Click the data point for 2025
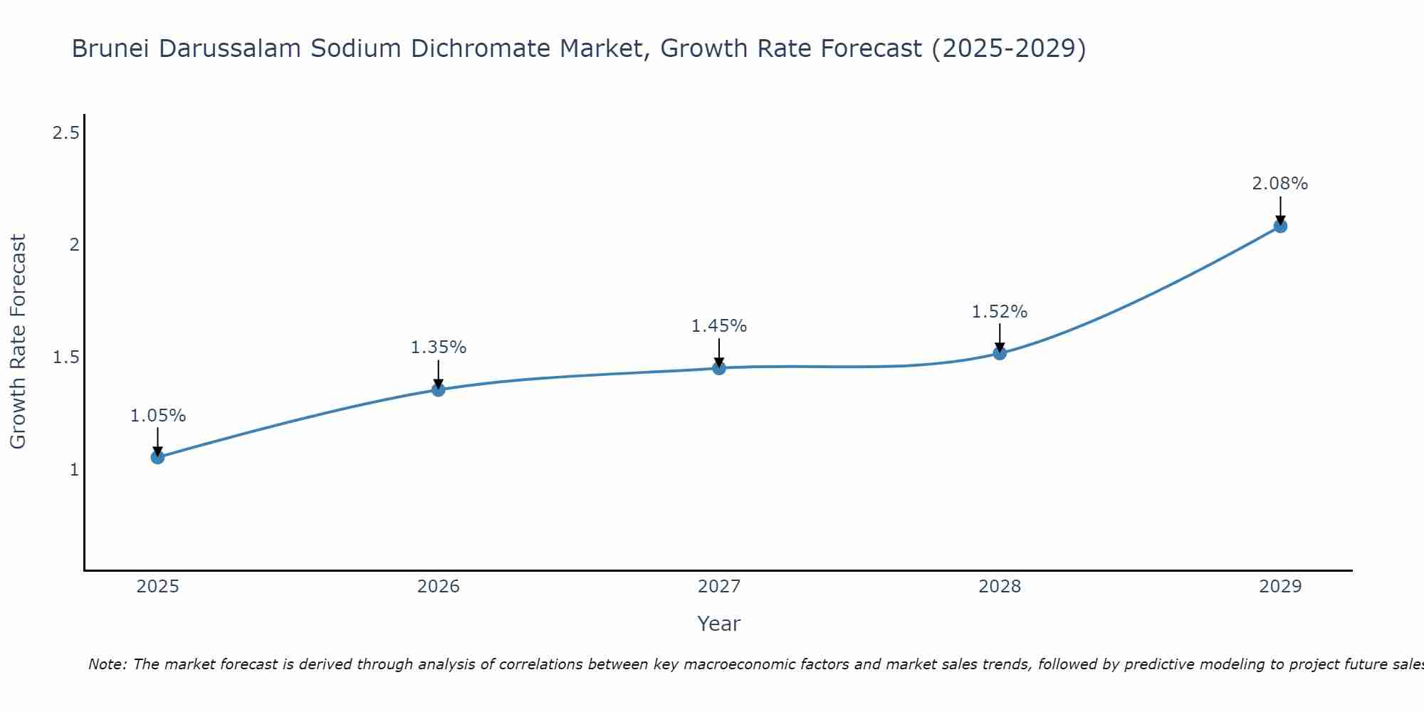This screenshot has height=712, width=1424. pos(157,457)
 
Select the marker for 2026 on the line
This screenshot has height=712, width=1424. pos(438,389)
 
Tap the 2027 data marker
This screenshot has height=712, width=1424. pos(718,368)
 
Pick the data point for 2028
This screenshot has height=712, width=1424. pos(999,352)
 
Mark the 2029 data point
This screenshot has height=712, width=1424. pos(1279,226)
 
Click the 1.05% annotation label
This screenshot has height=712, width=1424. pos(157,416)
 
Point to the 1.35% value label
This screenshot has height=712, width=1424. pos(438,347)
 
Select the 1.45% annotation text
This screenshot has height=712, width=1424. pos(718,326)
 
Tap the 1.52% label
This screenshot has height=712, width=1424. pos(999,312)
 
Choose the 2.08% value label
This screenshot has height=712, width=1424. pos(1279,184)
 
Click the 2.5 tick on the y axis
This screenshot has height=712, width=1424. pos(66,132)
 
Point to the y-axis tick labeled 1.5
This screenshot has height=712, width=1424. pos(66,357)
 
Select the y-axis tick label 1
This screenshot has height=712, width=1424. pos(74,470)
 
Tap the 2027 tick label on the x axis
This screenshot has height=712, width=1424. pos(718,587)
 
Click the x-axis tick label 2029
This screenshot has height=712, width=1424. pos(1279,587)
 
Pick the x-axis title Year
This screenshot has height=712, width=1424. pos(718,624)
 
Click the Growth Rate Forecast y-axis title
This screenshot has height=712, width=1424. pos(18,342)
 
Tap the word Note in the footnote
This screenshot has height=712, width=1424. pos(107,664)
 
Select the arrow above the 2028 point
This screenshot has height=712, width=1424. pos(999,337)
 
